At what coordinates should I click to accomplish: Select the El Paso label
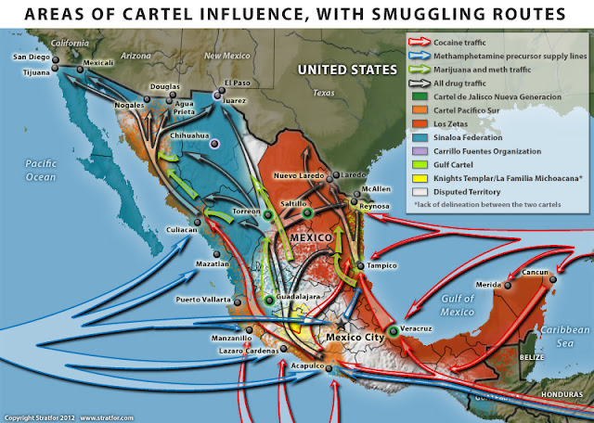coord(238,83)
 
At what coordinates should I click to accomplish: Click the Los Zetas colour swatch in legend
coord(418,122)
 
